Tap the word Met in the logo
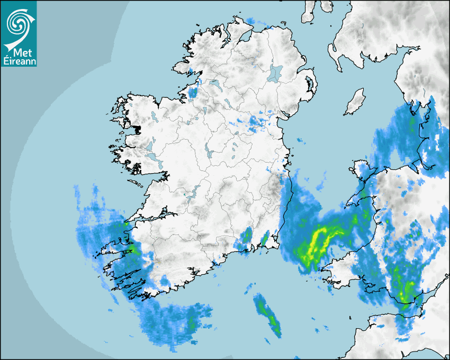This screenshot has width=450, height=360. pos(20,52)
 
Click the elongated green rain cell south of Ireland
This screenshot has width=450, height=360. pos(267,314)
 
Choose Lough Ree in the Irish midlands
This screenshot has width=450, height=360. pos(208,153)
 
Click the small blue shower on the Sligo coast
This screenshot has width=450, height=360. pos(193,92)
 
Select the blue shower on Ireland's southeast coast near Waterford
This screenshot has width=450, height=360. pos(244,241)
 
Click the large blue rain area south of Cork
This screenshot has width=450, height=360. pos(175,323)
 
